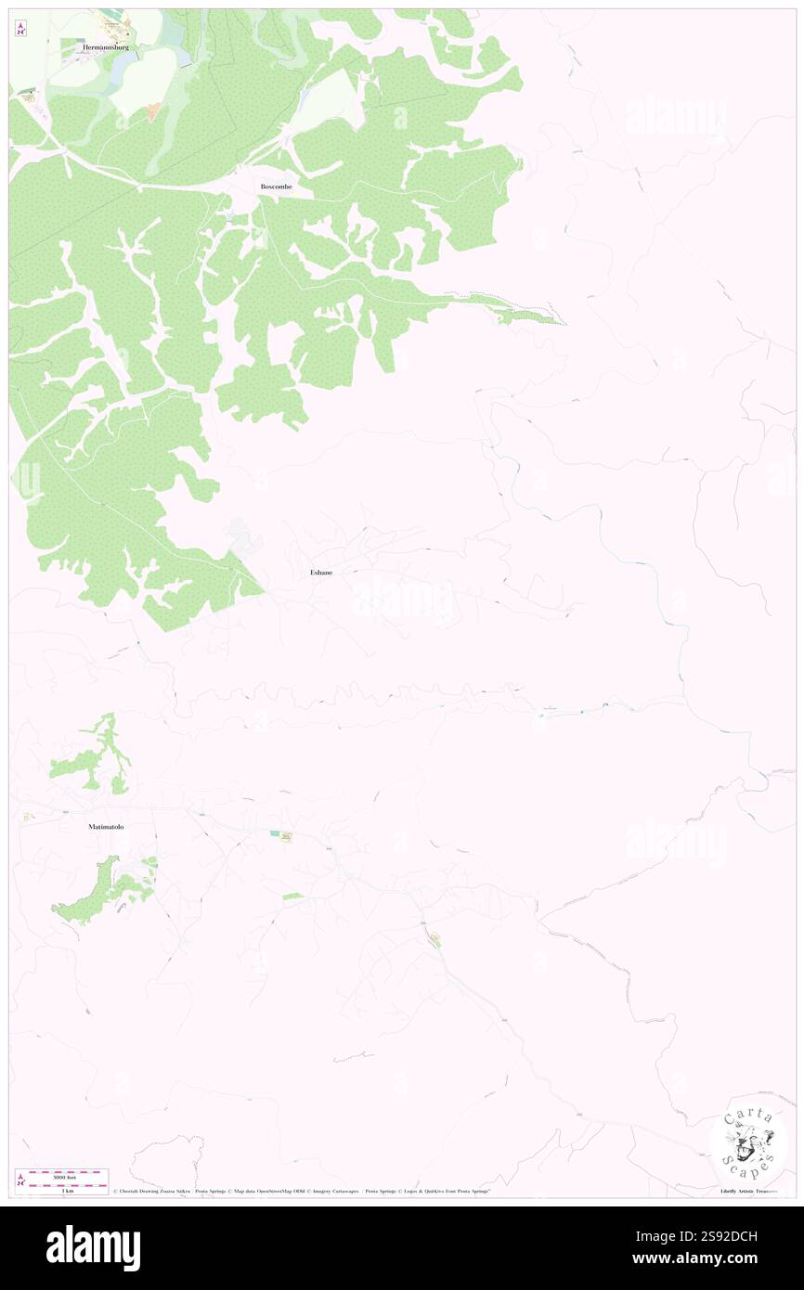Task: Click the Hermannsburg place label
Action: [104, 46]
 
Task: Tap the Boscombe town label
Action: [276, 187]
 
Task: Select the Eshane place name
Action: [321, 573]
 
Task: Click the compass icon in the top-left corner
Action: [20, 29]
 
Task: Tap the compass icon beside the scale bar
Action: [20, 1180]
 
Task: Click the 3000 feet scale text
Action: [63, 1177]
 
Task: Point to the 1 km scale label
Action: [63, 1191]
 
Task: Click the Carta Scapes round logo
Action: [748, 1142]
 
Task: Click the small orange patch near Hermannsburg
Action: [153, 112]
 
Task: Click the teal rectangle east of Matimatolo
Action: [275, 833]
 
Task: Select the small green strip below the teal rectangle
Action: [292, 896]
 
